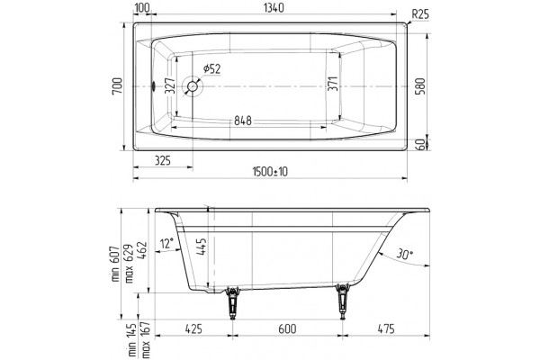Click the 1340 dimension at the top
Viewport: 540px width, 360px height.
[274, 7]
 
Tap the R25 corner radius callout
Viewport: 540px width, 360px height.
[420, 14]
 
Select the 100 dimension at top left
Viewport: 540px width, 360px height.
[142, 7]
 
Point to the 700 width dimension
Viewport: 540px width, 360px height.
[117, 86]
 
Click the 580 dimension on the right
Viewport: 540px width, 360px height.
[421, 86]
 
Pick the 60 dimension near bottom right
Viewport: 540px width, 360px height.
[421, 145]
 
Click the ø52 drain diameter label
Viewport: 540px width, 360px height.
[211, 69]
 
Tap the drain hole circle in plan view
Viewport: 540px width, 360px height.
[193, 86]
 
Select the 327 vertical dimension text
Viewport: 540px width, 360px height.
[170, 86]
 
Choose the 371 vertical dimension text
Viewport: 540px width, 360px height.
[333, 84]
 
